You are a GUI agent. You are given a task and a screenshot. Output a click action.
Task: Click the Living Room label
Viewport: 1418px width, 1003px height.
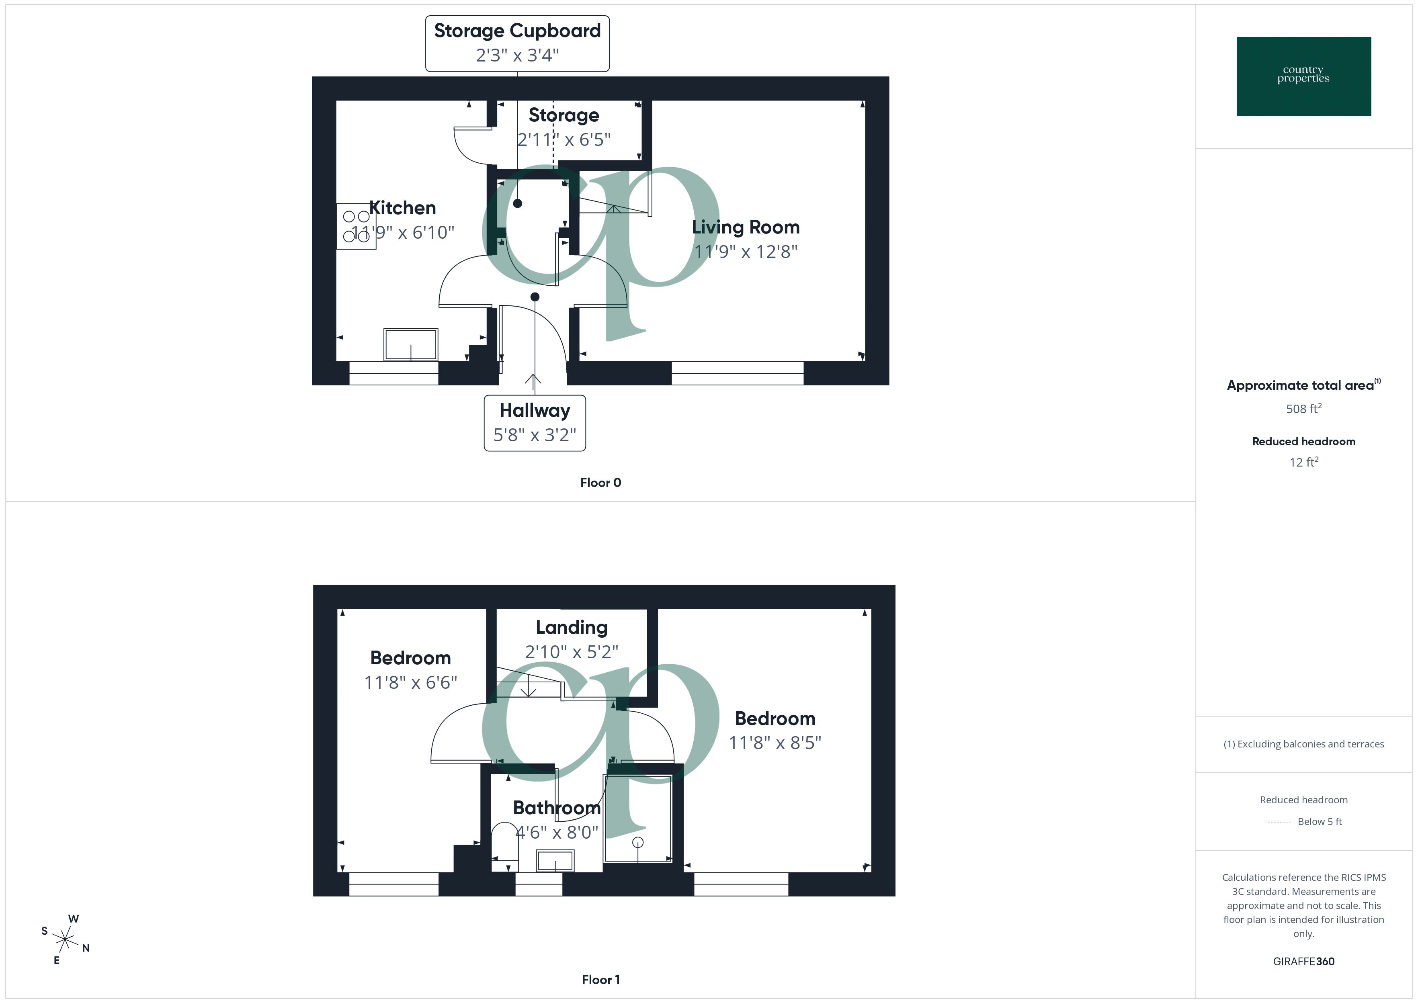tap(746, 227)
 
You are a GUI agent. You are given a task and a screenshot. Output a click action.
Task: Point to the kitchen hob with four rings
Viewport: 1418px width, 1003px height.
tap(356, 226)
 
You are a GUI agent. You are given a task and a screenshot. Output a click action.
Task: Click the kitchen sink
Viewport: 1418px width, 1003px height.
tap(411, 344)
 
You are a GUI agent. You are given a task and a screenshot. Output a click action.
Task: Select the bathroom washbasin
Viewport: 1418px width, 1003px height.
tap(555, 860)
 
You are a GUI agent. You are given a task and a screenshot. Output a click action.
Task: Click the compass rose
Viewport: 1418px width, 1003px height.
tap(64, 940)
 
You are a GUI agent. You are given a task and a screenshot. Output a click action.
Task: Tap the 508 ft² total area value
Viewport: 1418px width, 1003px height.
tap(1303, 409)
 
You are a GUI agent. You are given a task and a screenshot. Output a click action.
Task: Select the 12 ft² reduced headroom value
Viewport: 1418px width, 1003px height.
tap(1303, 462)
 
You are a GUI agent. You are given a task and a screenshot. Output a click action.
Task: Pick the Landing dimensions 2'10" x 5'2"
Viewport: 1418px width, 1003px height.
tap(571, 651)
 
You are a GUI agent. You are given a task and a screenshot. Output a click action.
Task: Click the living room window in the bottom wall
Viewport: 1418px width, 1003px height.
tap(738, 373)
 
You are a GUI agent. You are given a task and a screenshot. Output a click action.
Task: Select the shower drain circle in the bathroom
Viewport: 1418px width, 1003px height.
tap(638, 842)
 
